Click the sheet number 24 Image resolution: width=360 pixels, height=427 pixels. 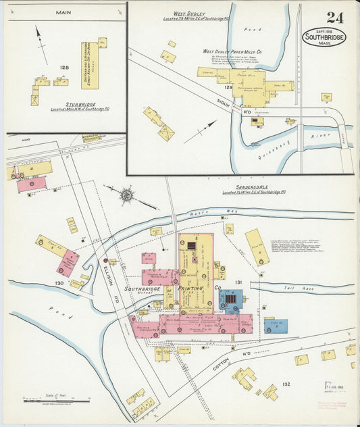[334, 18]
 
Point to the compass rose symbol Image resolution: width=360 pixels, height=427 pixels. [126, 195]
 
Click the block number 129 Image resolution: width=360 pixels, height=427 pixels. [228, 87]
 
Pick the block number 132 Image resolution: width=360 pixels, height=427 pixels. [286, 384]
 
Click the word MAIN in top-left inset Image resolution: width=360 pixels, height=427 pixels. [64, 12]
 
